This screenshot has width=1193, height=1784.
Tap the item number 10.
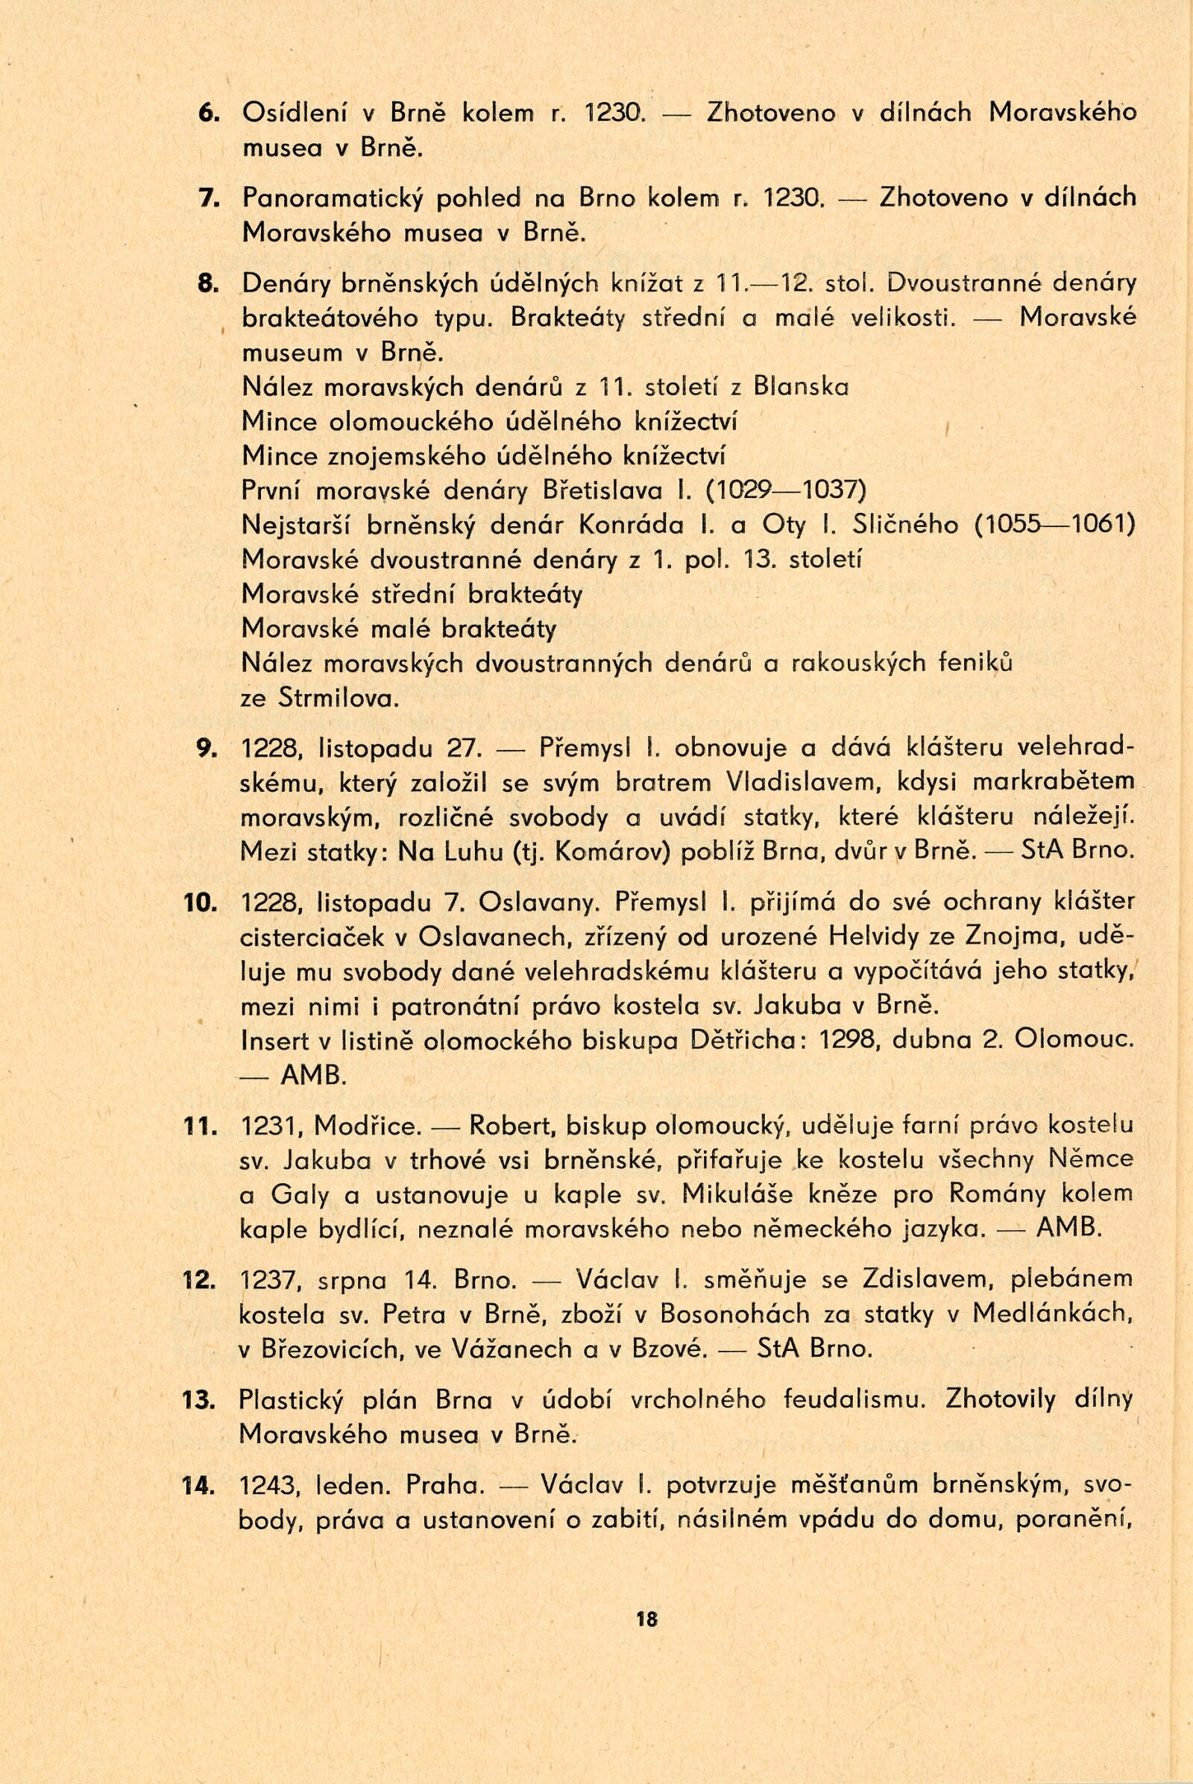tap(201, 902)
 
